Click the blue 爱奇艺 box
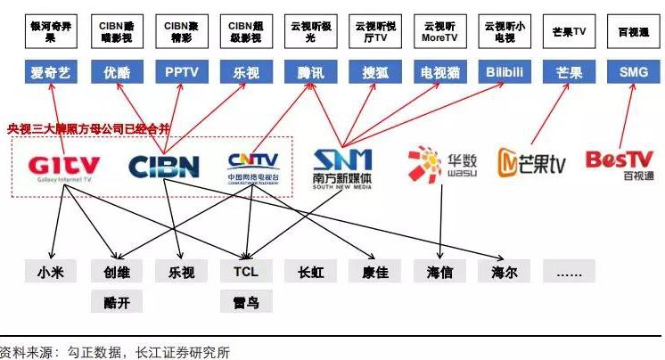pos(50,73)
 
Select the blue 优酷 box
pos(116,73)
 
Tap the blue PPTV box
pos(180,73)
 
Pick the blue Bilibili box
pos(504,73)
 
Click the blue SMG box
pos(633,73)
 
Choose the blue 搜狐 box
pos(375,73)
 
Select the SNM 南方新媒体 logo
pos(343,168)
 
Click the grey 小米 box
pos(50,272)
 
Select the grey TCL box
pos(245,272)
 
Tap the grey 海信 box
pos(439,272)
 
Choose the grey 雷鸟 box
pos(245,303)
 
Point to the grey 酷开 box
pos(116,303)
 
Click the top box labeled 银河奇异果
pos(50,32)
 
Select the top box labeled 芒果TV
pos(569,32)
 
